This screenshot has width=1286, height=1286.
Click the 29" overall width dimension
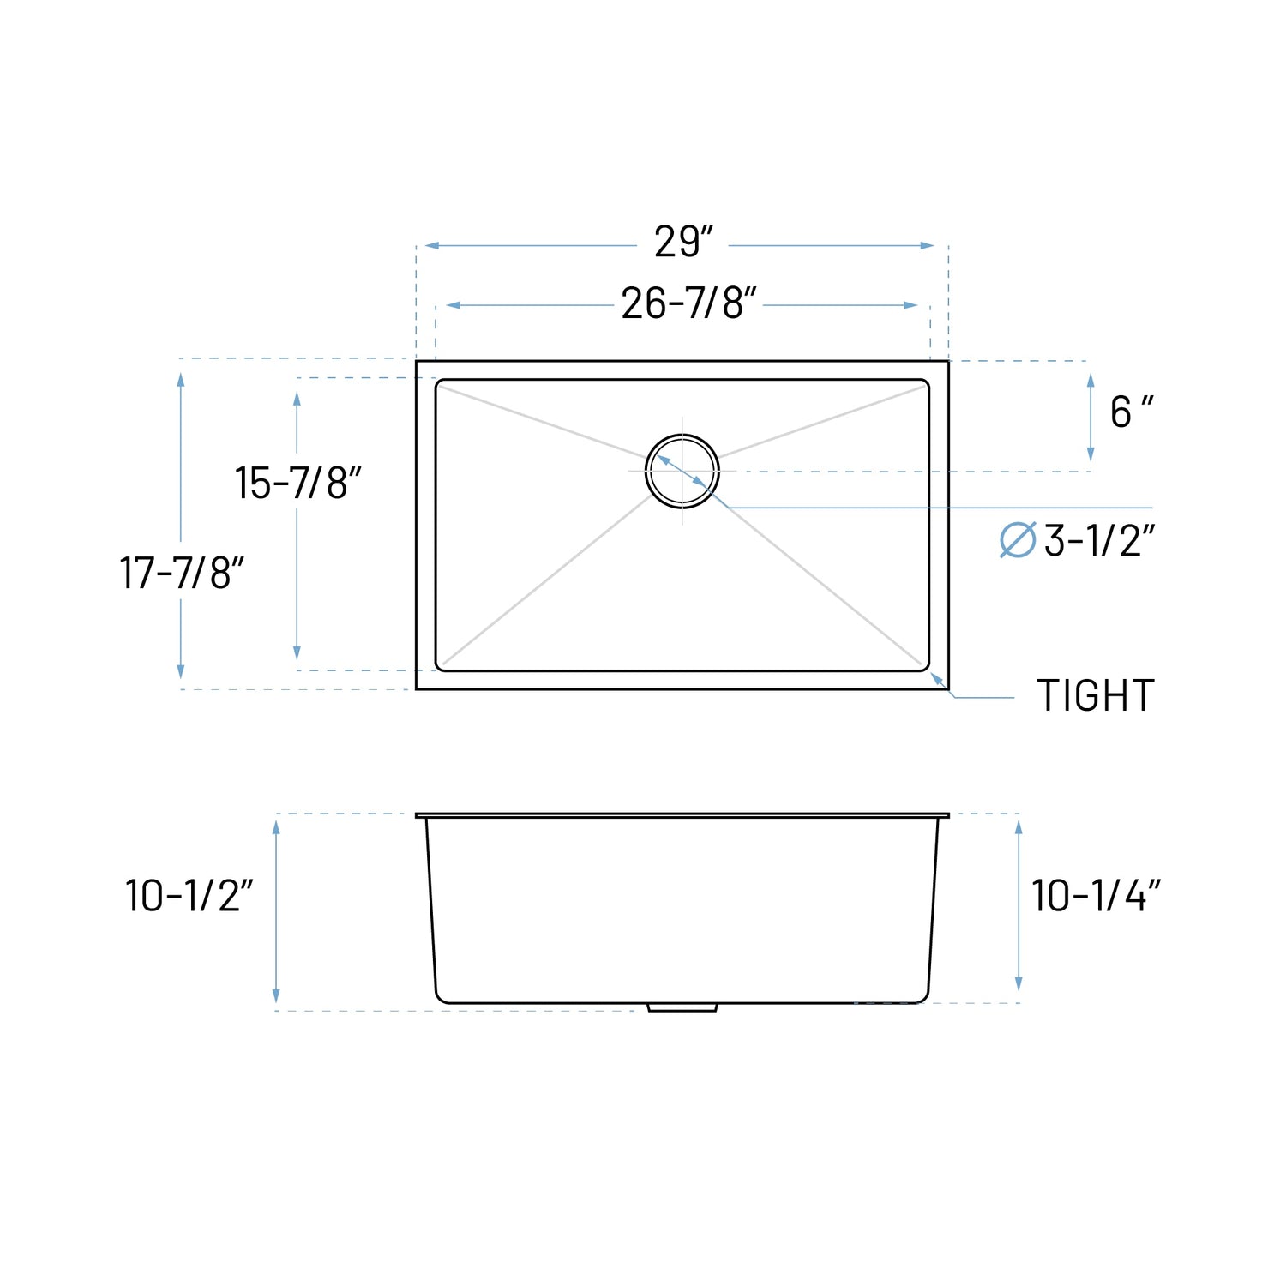[683, 243]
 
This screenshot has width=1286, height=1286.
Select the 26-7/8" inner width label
[688, 303]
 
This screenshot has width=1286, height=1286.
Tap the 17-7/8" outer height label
[182, 573]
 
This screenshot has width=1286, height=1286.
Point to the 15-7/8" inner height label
[297, 483]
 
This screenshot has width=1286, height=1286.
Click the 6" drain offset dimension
[1131, 412]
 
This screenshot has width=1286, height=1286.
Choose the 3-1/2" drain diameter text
[1099, 541]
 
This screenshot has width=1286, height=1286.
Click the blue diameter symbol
[1018, 540]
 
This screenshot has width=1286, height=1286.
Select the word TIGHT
[1095, 695]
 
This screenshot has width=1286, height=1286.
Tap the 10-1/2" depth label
[189, 896]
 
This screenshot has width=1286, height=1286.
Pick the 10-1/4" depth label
[1095, 896]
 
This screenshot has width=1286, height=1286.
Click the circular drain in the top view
[682, 471]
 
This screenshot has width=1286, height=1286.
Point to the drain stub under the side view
[682, 1007]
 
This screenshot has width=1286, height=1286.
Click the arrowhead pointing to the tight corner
[938, 680]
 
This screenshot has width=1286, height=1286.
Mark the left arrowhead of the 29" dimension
[431, 246]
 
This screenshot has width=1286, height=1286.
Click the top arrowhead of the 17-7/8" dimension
[181, 380]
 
